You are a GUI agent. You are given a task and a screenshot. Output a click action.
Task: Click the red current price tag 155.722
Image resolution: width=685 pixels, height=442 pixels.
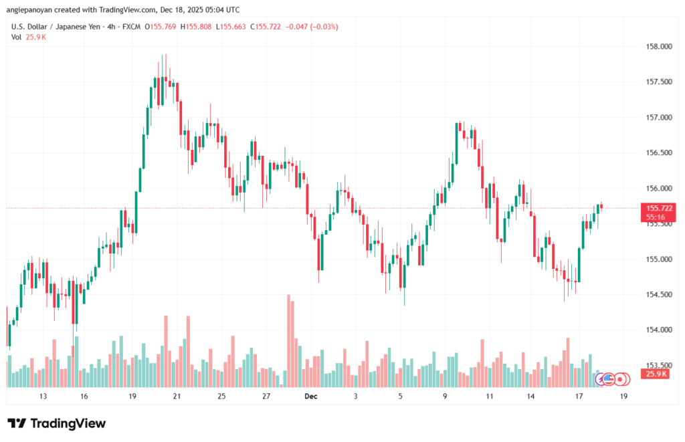tap(659, 209)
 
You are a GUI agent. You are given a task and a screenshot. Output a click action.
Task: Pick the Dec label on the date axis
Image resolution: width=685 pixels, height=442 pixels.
tap(310, 397)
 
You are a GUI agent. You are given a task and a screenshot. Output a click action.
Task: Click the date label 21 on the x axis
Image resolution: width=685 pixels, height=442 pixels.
tap(177, 397)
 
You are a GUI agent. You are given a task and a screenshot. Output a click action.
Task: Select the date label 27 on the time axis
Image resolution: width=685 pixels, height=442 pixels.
tap(266, 397)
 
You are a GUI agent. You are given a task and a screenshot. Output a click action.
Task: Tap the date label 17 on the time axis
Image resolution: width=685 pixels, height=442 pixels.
tap(579, 397)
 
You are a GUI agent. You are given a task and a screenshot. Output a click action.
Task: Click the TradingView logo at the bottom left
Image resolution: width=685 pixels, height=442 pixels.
tap(56, 423)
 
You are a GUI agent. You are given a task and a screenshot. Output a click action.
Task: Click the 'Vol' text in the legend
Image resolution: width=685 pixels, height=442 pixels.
tap(16, 37)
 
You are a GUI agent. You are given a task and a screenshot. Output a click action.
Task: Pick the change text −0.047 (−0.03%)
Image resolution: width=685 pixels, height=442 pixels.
tap(312, 27)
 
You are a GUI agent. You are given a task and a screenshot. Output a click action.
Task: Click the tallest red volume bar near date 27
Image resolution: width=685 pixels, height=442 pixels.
tap(289, 340)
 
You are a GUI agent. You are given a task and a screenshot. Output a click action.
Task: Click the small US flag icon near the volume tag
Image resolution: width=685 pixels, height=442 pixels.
tap(608, 378)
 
